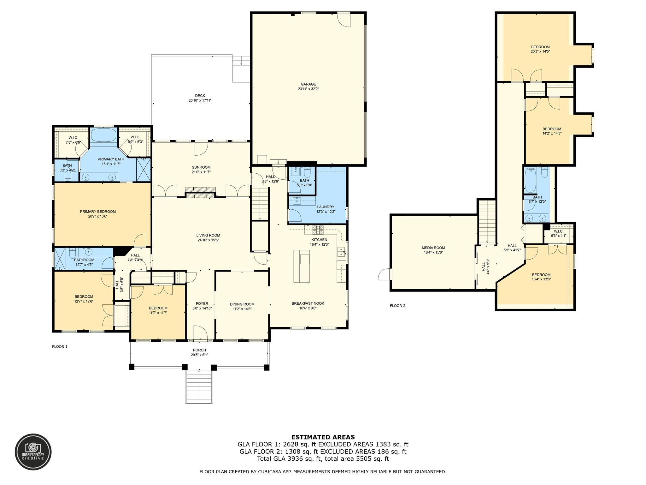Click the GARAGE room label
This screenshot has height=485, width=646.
(x=308, y=84)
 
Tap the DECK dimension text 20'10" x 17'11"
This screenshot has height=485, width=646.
(x=200, y=100)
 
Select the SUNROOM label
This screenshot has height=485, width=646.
(x=201, y=167)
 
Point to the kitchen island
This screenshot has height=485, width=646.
(x=302, y=266)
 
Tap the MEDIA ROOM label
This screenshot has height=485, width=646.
(x=433, y=248)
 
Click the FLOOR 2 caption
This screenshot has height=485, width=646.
(x=397, y=306)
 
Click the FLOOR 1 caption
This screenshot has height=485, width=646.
(x=60, y=347)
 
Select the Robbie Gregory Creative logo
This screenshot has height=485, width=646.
(x=33, y=452)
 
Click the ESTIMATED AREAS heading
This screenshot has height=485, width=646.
(x=323, y=437)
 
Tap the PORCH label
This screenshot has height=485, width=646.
(x=199, y=350)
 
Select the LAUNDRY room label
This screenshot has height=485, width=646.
(x=326, y=207)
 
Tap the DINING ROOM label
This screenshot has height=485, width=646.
(x=242, y=304)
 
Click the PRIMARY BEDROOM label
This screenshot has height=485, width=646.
(x=98, y=212)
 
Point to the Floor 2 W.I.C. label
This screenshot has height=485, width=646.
(x=558, y=231)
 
